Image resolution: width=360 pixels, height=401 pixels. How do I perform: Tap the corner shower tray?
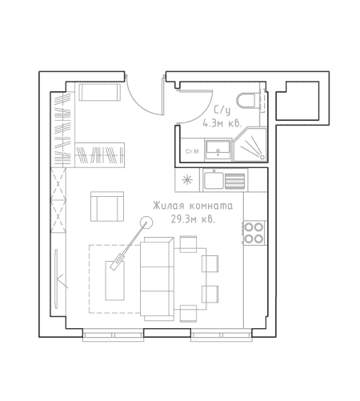coord(250,145)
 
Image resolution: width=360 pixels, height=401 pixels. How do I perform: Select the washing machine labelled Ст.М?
coord(192,150)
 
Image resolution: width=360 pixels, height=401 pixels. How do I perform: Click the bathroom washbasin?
coord(218,150)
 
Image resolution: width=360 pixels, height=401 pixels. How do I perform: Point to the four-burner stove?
coord(254,232)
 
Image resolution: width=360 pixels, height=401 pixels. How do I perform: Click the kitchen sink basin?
coord(214,181)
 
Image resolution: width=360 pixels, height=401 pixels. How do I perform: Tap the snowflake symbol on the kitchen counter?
coord(187,180)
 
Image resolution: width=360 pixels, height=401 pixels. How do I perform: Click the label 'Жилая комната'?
coord(193,206)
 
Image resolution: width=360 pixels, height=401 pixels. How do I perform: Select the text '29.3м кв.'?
coord(193,219)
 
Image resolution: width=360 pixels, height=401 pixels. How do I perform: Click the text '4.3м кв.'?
coord(222,123)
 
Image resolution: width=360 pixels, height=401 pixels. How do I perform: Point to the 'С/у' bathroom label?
coord(222,110)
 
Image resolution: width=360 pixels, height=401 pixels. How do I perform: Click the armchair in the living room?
coord(107,207)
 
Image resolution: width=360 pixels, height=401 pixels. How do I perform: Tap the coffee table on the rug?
coord(115,281)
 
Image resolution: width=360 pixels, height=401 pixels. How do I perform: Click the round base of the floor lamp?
coord(146,223)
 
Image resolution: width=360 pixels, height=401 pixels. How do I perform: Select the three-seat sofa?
coord(157,279)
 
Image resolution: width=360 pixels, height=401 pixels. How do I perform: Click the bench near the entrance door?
coord(99,92)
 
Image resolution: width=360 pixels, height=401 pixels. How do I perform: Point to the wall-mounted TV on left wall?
coord(56,279)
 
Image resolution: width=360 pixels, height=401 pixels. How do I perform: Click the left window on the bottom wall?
coord(113,335)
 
